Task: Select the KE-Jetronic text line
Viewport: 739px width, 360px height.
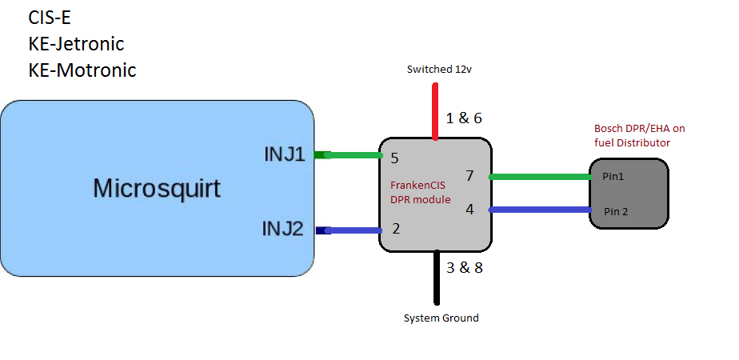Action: tap(76, 43)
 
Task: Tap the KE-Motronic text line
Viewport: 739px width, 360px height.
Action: tap(82, 70)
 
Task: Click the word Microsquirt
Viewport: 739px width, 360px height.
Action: tap(157, 189)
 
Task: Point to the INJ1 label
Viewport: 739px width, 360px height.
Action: tap(285, 154)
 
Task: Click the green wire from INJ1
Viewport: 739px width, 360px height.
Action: tap(349, 155)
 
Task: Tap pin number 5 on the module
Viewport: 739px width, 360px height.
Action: tap(394, 158)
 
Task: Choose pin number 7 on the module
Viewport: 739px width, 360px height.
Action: tap(469, 176)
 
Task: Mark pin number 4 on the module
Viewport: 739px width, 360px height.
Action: tap(469, 210)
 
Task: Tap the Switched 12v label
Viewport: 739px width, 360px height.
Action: tap(440, 70)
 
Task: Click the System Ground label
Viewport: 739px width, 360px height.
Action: tap(441, 318)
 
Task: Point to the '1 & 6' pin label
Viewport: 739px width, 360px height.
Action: tap(464, 118)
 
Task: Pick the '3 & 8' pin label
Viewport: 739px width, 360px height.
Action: tap(464, 267)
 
